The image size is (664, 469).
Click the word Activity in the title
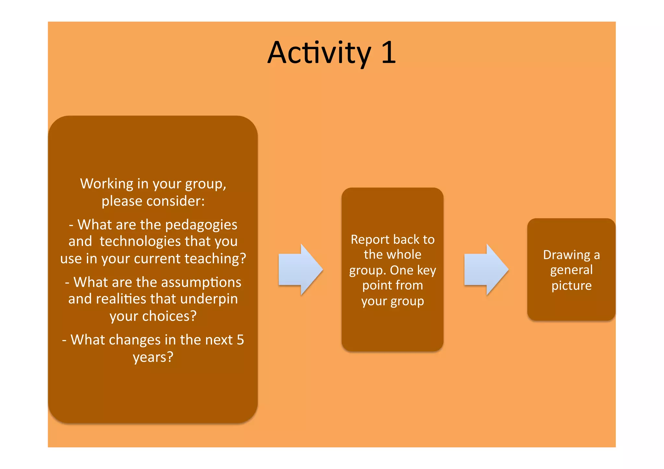319,53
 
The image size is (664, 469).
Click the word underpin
209,299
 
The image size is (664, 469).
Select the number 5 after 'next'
240,340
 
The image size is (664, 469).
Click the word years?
153,358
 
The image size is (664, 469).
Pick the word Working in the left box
107,184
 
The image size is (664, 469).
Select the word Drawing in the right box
566,255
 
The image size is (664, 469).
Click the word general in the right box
571,270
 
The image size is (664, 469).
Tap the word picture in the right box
571,286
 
